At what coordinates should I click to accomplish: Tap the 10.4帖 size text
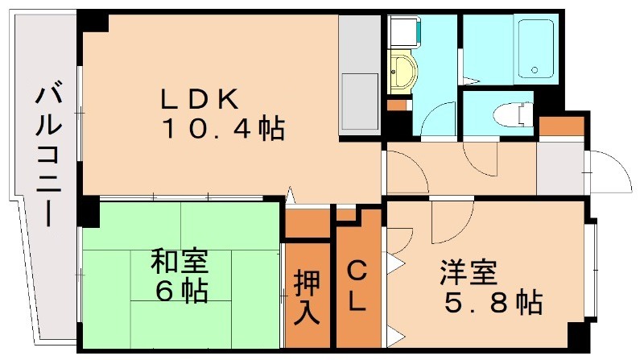(223, 128)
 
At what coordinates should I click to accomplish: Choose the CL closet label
(357, 287)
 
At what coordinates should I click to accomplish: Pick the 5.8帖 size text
(492, 304)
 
